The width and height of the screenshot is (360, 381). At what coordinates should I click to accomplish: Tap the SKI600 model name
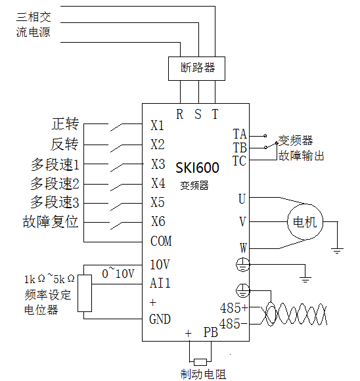(x=197, y=168)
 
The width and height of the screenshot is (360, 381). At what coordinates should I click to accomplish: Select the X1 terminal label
(x=157, y=125)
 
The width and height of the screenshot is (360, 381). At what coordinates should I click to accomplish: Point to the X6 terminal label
(x=158, y=221)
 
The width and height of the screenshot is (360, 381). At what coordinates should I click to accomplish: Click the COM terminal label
(x=161, y=241)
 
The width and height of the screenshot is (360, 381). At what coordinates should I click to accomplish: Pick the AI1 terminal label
(x=160, y=283)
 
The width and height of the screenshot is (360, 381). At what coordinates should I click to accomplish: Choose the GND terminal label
(x=160, y=319)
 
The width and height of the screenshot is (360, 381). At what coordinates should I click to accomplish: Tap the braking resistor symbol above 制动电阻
(x=200, y=362)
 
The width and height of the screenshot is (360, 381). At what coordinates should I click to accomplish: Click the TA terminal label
(x=240, y=134)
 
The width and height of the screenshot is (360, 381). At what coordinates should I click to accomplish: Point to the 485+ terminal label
(x=234, y=308)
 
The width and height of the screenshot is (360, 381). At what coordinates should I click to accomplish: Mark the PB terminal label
(x=210, y=332)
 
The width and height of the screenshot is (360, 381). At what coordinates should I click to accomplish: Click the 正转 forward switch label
(x=65, y=123)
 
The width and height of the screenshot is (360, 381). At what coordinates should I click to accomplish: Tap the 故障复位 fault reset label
(x=51, y=221)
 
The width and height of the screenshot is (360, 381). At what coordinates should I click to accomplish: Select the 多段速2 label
(x=55, y=183)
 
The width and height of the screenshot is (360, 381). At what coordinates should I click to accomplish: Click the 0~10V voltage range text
(x=118, y=273)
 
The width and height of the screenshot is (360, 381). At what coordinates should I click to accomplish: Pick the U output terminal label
(x=242, y=199)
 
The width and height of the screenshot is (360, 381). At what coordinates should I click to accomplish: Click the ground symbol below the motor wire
(x=338, y=251)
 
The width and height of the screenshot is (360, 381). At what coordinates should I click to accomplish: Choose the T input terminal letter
(x=215, y=114)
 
